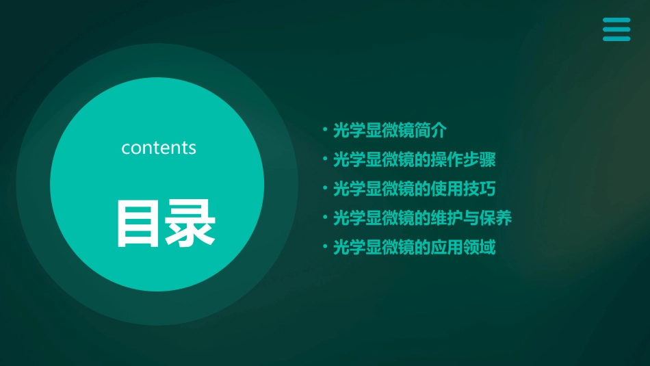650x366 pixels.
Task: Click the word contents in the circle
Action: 159,148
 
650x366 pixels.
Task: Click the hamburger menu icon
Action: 616,29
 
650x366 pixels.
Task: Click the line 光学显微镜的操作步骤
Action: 414,160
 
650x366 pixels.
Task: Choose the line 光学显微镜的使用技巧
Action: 414,189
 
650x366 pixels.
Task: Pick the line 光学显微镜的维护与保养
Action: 422,218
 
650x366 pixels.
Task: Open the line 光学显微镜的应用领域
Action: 414,247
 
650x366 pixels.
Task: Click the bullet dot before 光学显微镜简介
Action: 325,131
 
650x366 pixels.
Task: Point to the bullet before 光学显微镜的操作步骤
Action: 325,160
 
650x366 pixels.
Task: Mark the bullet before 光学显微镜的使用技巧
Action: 325,189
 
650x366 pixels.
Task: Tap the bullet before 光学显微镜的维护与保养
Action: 325,218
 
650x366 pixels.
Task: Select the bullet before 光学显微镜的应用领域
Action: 325,247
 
